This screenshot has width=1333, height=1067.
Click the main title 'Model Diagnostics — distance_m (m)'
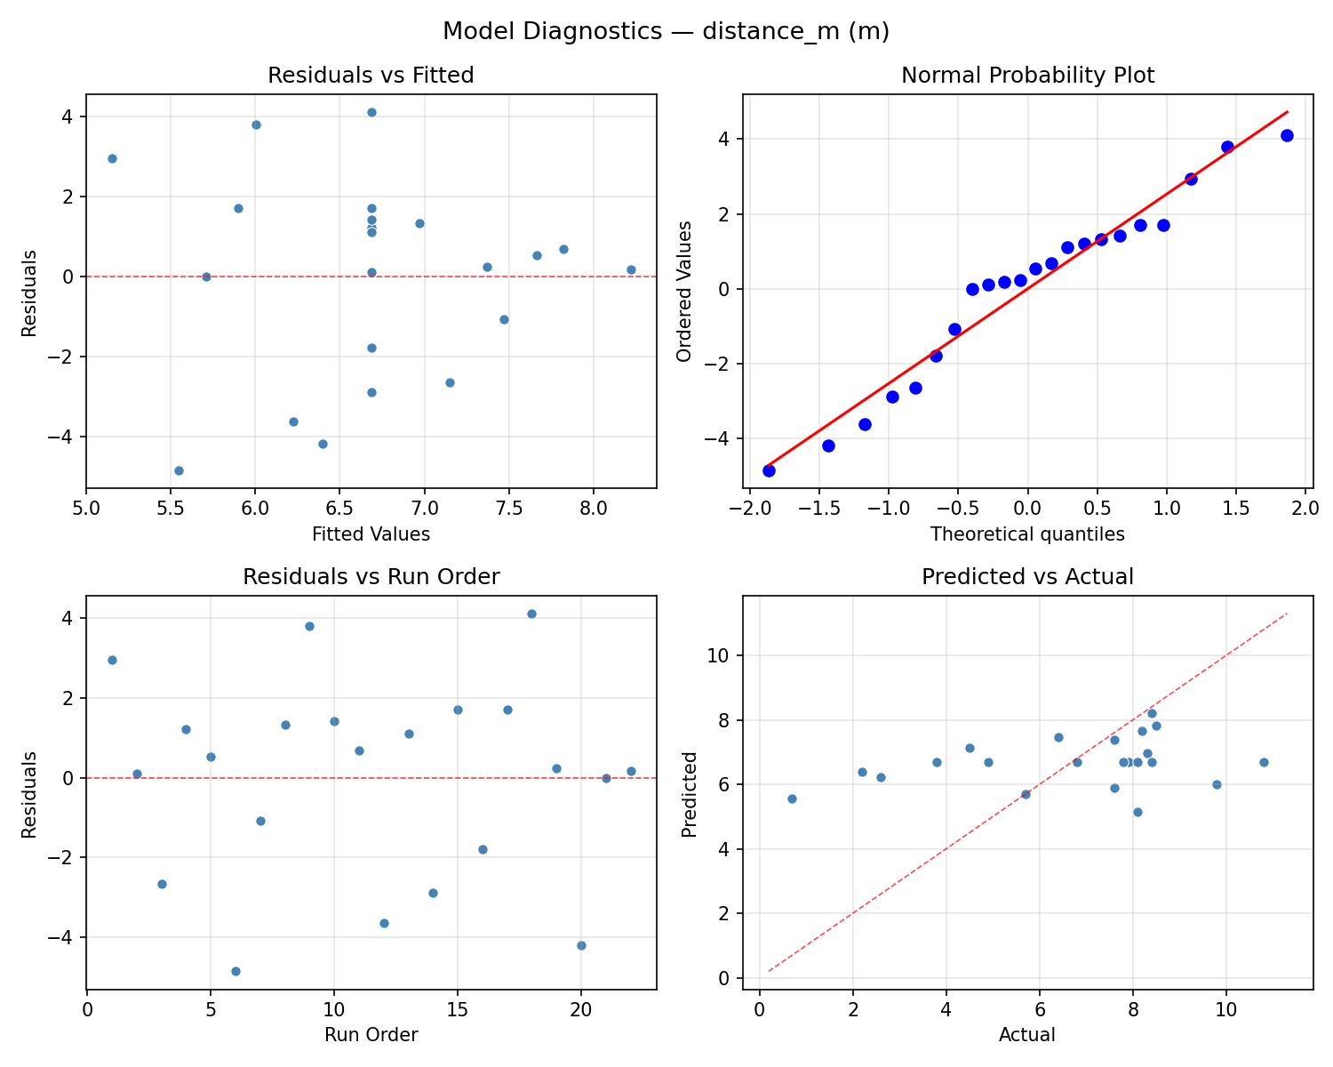666,31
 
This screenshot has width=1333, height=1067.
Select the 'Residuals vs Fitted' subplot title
371,76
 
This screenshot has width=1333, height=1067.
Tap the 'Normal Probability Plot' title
1027,76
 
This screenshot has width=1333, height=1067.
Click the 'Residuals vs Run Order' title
371,577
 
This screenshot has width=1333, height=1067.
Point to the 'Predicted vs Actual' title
1027,577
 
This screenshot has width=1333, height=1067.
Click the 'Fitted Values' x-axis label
371,534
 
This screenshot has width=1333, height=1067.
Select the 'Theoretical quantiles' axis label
1027,534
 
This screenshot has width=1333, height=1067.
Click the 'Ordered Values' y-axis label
683,291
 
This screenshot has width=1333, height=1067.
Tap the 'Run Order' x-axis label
371,1035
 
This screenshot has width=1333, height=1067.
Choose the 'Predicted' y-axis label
689,793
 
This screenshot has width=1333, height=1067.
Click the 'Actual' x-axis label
1027,1035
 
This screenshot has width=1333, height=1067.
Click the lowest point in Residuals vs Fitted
179,470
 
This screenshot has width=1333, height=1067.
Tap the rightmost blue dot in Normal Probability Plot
1287,135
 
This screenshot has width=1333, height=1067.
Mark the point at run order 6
235,971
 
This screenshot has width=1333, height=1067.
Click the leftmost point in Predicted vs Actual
792,798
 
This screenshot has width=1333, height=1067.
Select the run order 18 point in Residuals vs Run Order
531,614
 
